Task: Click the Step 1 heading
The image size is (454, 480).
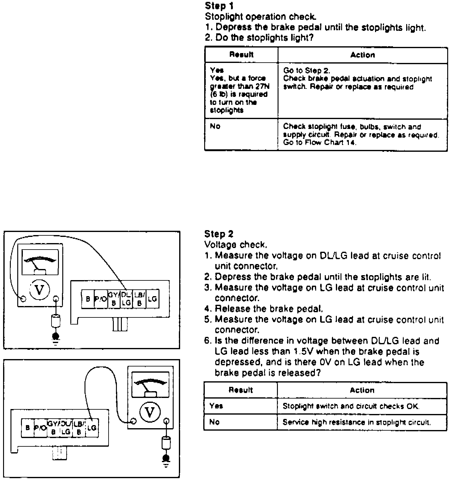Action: (219, 6)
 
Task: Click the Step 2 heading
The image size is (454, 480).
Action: (219, 234)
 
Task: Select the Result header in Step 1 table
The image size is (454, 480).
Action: (241, 55)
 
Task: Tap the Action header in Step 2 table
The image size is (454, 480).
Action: (362, 390)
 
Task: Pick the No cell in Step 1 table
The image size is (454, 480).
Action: (215, 126)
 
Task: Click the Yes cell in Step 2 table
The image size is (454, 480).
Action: (216, 406)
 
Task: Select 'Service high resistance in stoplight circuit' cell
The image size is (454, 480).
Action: (357, 422)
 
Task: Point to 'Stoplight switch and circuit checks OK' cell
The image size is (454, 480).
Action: (351, 406)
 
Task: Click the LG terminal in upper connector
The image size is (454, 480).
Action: (152, 299)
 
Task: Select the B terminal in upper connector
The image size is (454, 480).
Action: (88, 299)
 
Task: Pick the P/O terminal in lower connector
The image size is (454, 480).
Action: (40, 428)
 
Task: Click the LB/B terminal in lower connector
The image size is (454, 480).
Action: (78, 428)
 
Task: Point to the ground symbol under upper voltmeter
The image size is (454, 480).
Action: (56, 337)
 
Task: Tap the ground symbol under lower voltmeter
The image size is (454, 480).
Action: (166, 460)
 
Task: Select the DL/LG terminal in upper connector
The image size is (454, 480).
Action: (126, 299)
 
